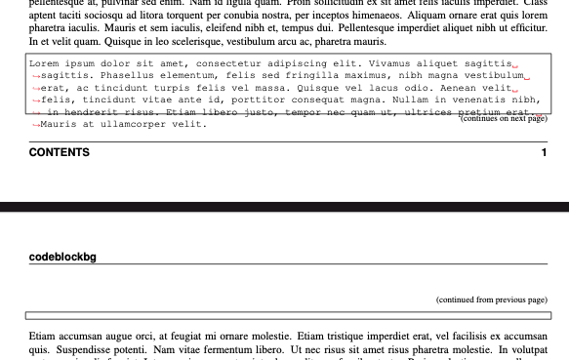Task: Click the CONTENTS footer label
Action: (x=60, y=152)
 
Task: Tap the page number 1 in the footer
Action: (x=544, y=152)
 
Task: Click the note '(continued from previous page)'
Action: (x=491, y=300)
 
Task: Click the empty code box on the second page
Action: (x=288, y=315)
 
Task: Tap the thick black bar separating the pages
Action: (x=284, y=207)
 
